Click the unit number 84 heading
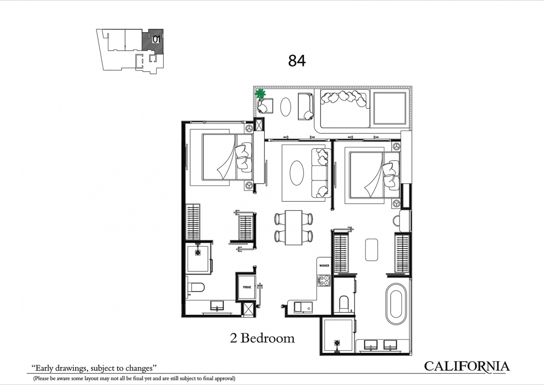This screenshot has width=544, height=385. pyautogui.click(x=297, y=61)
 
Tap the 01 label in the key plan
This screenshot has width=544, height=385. pyautogui.click(x=156, y=39)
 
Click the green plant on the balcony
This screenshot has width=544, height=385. pyautogui.click(x=260, y=93)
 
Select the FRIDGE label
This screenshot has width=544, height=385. pyautogui.click(x=247, y=288)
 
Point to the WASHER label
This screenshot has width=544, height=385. pyautogui.click(x=324, y=265)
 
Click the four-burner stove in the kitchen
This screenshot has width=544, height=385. pyautogui.click(x=324, y=280)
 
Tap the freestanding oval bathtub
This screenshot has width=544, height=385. pyautogui.click(x=396, y=304)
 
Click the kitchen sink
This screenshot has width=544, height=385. pyautogui.click(x=303, y=307)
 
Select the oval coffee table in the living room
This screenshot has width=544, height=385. pyautogui.click(x=297, y=173)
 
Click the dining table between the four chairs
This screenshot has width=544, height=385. pyautogui.click(x=294, y=227)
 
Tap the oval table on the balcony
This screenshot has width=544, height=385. pyautogui.click(x=286, y=107)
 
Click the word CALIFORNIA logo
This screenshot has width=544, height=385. pyautogui.click(x=467, y=366)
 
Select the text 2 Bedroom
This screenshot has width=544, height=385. pyautogui.click(x=262, y=338)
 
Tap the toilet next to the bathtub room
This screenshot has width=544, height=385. pyautogui.click(x=344, y=302)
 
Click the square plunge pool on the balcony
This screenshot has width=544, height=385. pyautogui.click(x=390, y=108)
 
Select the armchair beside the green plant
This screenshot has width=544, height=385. pyautogui.click(x=265, y=106)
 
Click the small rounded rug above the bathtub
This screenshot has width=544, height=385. pyautogui.click(x=372, y=249)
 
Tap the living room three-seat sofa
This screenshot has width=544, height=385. pyautogui.click(x=321, y=173)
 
